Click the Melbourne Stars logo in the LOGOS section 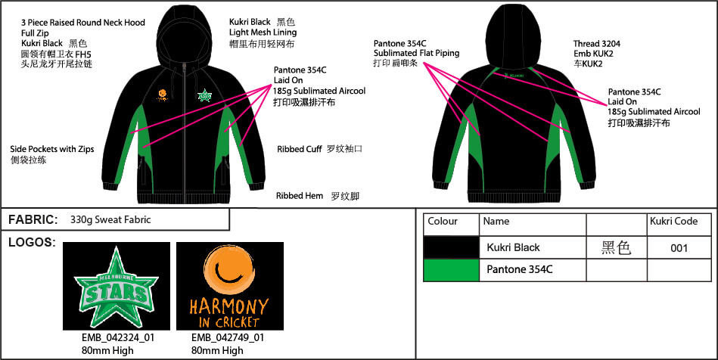pyautogui.click(x=117, y=287)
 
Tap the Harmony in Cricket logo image pyautogui.click(x=229, y=287)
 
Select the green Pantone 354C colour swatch pyautogui.click(x=451, y=270)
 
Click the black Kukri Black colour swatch pyautogui.click(x=451, y=247)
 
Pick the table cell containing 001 pyautogui.click(x=679, y=248)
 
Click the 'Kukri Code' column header pyautogui.click(x=673, y=222)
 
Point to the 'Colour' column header pyautogui.click(x=443, y=222)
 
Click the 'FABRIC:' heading pyautogui.click(x=33, y=220)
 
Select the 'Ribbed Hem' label pyautogui.click(x=300, y=196)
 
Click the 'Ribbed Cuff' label pyautogui.click(x=300, y=149)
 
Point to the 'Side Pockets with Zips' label pyautogui.click(x=52, y=149)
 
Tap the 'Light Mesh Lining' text pyautogui.click(x=263, y=33)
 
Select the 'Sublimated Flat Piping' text pyautogui.click(x=416, y=53)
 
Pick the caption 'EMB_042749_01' pyautogui.click(x=228, y=338)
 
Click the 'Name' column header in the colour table pyautogui.click(x=496, y=222)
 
